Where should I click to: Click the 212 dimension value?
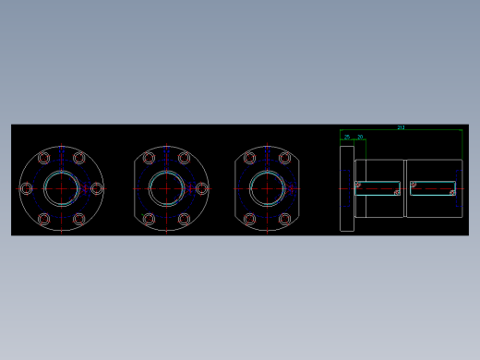pyautogui.click(x=401, y=127)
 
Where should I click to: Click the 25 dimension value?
pyautogui.click(x=347, y=137)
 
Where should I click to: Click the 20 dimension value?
pyautogui.click(x=360, y=137)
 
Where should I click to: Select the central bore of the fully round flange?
pyautogui.click(x=61, y=188)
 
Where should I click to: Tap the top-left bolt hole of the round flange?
pyautogui.click(x=43, y=158)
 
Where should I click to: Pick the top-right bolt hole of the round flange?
pyautogui.click(x=79, y=158)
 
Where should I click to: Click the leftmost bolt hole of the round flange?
pyautogui.click(x=26, y=188)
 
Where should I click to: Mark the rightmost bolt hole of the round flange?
pyautogui.click(x=96, y=188)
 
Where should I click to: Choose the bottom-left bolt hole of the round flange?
pyautogui.click(x=43, y=219)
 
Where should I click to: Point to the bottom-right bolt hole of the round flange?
pyautogui.click(x=79, y=219)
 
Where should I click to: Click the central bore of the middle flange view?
pyautogui.click(x=167, y=188)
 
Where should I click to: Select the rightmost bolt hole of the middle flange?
pyautogui.click(x=201, y=188)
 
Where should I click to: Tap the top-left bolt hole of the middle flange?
pyautogui.click(x=149, y=158)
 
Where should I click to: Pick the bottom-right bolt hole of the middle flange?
pyautogui.click(x=185, y=219)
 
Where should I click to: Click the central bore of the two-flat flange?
pyautogui.click(x=268, y=188)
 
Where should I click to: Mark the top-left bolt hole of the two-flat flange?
pyautogui.click(x=249, y=158)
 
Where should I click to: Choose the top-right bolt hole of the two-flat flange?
pyautogui.click(x=285, y=158)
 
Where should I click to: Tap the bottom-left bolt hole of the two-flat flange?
pyautogui.click(x=249, y=219)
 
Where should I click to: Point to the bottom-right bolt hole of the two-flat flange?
pyautogui.click(x=285, y=219)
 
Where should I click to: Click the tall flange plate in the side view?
pyautogui.click(x=347, y=188)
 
